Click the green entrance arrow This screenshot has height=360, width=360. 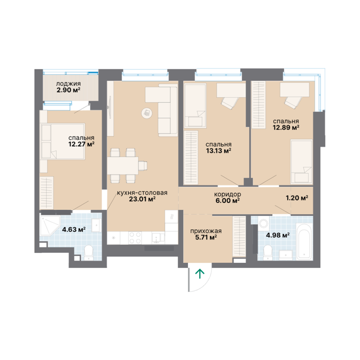point(200,274)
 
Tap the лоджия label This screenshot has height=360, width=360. point(68,84)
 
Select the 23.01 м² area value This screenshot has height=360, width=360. point(142,199)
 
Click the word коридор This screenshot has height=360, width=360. point(227,195)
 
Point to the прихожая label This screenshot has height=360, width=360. point(206,231)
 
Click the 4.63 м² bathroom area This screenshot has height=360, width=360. point(74,229)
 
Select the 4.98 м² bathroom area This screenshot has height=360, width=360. point(277,235)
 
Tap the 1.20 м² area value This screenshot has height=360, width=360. point(297,198)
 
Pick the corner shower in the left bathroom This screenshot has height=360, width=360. point(49,225)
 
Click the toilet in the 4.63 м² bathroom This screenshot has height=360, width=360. point(89,253)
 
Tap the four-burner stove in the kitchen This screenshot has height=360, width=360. point(135,238)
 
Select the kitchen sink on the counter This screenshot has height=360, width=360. point(157,238)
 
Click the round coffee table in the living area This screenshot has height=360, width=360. point(147,113)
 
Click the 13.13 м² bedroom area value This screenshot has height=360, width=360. point(218,150)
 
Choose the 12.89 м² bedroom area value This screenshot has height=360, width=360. point(286,127)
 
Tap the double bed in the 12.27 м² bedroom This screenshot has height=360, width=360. point(62,142)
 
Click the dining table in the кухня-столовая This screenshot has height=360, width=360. point(123,165)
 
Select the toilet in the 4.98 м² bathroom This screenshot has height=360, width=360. point(268,253)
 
